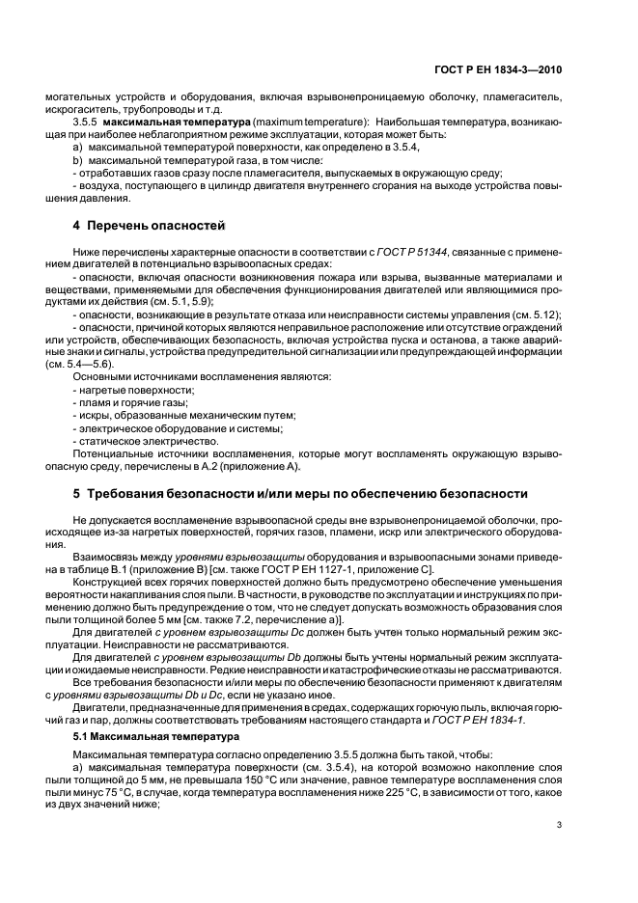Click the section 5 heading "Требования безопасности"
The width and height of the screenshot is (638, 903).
[x=300, y=493]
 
